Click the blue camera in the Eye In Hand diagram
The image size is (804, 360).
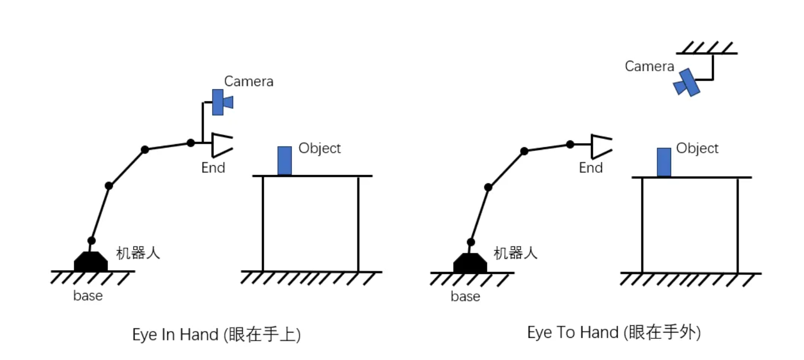coord(220,102)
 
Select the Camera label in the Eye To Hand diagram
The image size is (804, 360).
coord(649,67)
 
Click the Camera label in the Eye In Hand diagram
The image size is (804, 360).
coord(248,81)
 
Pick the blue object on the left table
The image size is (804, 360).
coord(284,160)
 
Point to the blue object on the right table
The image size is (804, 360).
coord(664,162)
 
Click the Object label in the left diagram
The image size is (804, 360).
coord(320,148)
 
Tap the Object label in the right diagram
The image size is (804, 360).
coord(697,148)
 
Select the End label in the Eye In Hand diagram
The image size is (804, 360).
coord(213,168)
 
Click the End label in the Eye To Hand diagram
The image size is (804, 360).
coord(591,168)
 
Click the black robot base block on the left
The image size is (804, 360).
coord(91,262)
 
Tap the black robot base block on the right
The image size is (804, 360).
coord(470,263)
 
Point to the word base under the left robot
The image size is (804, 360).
coord(88,296)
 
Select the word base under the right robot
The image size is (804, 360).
coord(465,297)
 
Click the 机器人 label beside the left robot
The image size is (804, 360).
coord(138,253)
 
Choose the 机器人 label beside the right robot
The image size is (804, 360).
coord(515,253)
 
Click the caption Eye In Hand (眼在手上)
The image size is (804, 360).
coord(216,335)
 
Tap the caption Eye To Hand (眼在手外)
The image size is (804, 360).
coord(614,333)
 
